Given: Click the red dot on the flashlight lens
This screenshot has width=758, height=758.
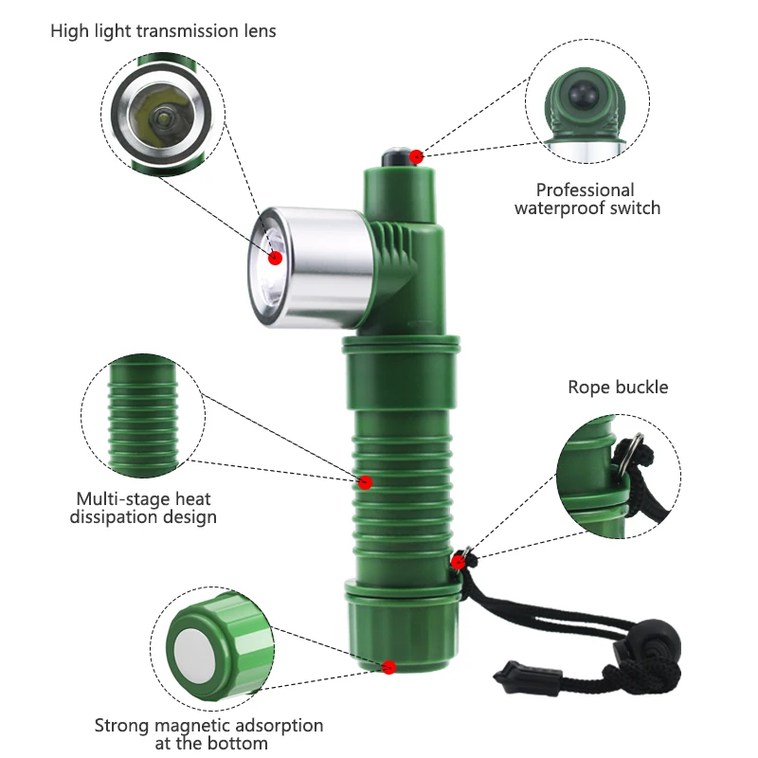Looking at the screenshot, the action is point(275,258).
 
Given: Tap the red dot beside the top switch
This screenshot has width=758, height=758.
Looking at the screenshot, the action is point(416,156).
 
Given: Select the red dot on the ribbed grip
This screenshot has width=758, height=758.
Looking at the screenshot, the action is point(365,482).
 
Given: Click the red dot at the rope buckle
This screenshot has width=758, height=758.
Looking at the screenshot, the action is point(458,562).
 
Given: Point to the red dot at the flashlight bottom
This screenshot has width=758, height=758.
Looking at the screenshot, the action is point(388,667).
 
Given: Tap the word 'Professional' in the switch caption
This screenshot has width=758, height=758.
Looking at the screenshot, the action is point(585,190).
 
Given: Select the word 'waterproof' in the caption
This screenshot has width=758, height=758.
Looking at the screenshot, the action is point(559,208).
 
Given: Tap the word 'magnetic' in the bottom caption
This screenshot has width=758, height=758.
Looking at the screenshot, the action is point(191,726).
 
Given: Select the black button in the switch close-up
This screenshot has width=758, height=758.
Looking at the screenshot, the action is point(583,93).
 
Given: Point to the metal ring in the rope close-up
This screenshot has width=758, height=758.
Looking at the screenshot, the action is point(626,452).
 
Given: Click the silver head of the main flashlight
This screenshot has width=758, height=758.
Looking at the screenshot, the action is point(311,267).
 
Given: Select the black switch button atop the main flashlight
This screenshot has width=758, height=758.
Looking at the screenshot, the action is point(395,157).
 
